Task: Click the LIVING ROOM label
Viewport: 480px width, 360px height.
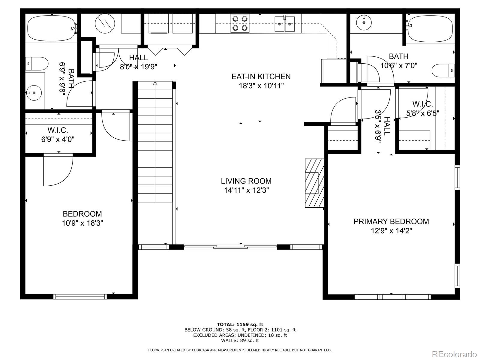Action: pos(246,181)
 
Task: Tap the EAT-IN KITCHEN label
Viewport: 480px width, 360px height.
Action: pos(261,76)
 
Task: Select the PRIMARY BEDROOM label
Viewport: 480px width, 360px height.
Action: pos(391,221)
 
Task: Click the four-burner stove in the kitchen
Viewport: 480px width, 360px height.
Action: pos(240,23)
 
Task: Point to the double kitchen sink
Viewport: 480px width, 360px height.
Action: pos(284,24)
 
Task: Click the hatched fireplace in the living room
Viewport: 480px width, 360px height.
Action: pos(315,183)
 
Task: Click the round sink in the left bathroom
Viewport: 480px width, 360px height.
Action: pos(34,93)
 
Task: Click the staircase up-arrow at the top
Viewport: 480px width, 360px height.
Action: pos(155,83)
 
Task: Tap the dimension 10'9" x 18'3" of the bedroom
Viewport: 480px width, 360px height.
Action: pos(82,223)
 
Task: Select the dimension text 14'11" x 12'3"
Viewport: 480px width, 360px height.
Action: pos(246,190)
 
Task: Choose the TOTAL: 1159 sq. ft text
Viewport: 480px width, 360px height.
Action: pos(240,324)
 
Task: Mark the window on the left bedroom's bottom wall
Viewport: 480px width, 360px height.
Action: pos(80,297)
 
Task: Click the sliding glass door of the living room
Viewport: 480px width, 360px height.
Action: pos(230,247)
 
